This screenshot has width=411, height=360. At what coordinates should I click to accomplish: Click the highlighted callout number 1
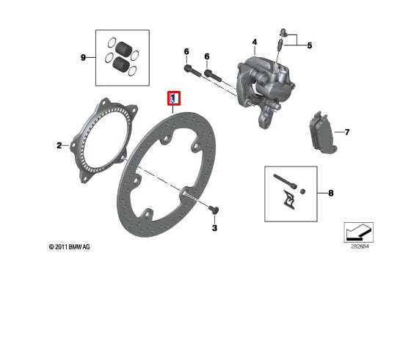[x=173, y=98]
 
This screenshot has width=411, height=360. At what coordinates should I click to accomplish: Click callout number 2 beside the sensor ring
[x=59, y=146]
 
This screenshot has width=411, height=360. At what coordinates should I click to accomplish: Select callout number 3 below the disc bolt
[x=215, y=228]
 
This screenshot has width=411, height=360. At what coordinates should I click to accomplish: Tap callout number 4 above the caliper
[x=255, y=42]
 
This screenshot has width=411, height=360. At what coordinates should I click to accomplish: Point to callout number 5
[x=309, y=45]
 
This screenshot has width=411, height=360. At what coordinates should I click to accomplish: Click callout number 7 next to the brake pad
[x=346, y=133]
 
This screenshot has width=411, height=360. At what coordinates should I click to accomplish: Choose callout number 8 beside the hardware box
[x=330, y=194]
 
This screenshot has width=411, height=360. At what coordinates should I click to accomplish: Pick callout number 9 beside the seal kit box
[x=84, y=56]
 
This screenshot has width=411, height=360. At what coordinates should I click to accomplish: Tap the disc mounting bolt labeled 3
[x=213, y=210]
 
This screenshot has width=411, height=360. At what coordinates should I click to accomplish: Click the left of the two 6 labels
[x=186, y=51]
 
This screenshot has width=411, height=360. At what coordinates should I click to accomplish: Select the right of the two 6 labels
[x=207, y=56]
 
